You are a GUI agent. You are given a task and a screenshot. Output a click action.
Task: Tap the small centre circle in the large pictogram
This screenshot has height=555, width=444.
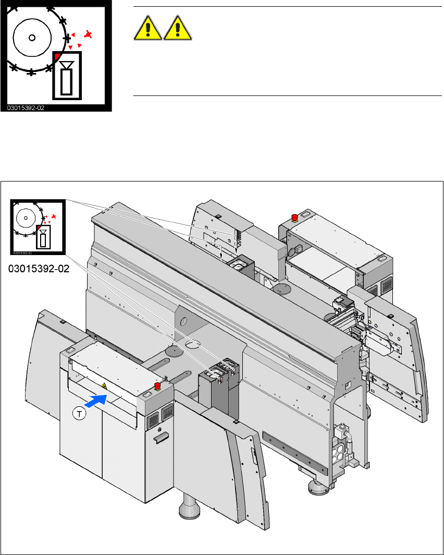[x=32, y=38]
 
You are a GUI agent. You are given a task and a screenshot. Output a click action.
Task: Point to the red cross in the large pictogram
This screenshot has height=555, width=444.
[x=89, y=35]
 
